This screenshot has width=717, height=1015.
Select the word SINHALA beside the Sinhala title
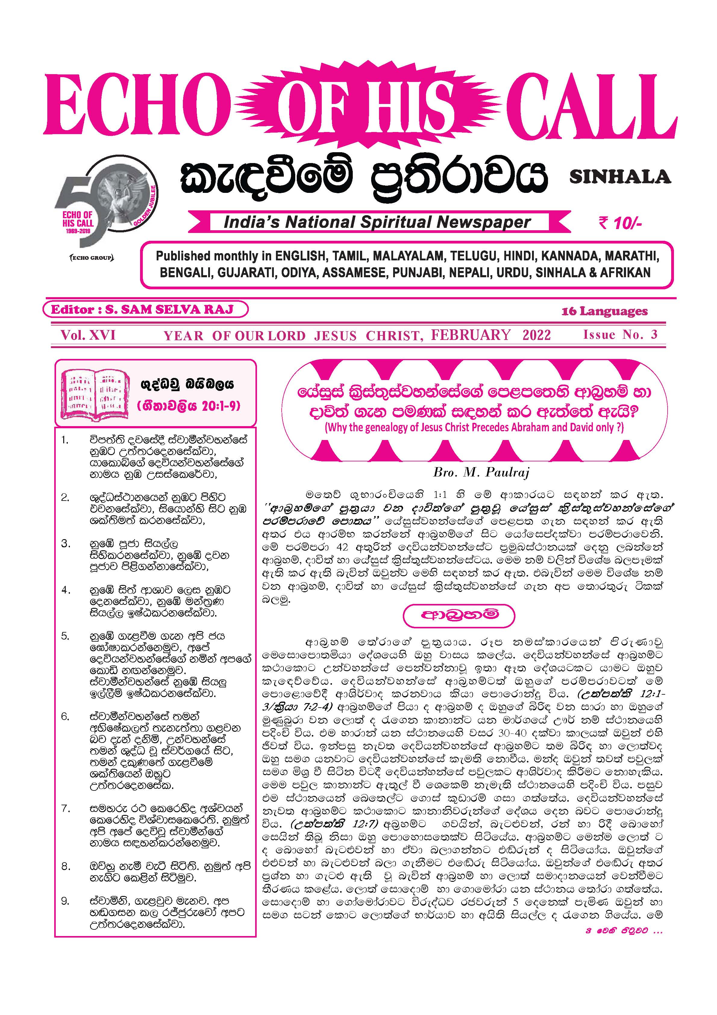tap(620, 177)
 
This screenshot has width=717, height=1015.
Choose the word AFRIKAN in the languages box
tap(625, 273)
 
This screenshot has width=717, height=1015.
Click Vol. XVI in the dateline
tap(88, 335)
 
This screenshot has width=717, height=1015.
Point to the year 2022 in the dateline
tap(536, 335)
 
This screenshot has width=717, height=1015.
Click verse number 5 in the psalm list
tap(65, 636)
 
